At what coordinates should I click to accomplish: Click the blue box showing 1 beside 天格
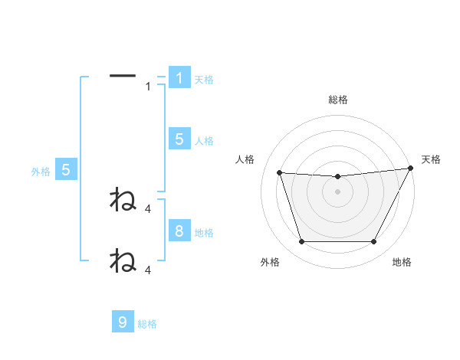tap(179, 78)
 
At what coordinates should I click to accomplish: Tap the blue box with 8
tap(179, 231)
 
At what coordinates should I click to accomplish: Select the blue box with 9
tap(123, 322)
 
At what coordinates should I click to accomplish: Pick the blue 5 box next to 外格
tap(66, 170)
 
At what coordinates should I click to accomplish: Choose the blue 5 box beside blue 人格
tap(179, 139)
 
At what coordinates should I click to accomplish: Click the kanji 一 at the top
tap(123, 76)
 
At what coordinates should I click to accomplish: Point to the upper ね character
tap(123, 200)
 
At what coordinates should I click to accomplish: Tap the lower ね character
tap(123, 260)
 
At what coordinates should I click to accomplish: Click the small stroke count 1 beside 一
tap(148, 87)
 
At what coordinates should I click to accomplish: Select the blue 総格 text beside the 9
tap(147, 324)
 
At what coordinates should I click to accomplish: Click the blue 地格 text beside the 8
tap(204, 232)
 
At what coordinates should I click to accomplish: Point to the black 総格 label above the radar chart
tap(337, 100)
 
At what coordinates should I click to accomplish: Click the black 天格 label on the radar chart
tap(431, 159)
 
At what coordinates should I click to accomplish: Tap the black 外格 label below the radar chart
tap(270, 262)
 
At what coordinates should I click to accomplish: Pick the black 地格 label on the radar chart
tap(402, 262)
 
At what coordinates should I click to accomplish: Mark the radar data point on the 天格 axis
tap(411, 169)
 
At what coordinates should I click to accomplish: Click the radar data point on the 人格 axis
tap(280, 173)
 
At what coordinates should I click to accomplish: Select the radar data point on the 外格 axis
tap(301, 242)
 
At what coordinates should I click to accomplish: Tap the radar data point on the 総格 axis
tap(337, 177)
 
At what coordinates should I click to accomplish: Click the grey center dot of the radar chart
tap(337, 191)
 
